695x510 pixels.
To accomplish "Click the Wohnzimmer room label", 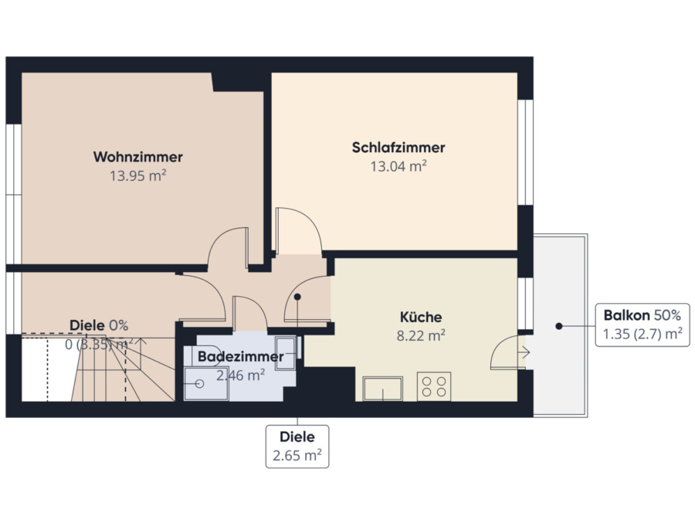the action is point(138,157).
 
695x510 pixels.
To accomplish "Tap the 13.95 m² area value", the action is point(138,175).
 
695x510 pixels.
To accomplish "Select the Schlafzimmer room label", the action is point(398,148).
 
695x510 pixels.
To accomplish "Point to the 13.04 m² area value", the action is point(398,166).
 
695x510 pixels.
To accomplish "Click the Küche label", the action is point(421,317).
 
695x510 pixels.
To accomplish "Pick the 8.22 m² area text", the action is point(421,335).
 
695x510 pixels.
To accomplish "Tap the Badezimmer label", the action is point(241,356).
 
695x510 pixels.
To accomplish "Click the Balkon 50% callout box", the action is point(642,325).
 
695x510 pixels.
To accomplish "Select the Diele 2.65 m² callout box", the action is point(297,446).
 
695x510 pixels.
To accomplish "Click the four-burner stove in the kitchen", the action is point(434,386).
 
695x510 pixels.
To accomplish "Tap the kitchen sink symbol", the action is point(383,389).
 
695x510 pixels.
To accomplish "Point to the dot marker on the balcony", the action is point(559,326).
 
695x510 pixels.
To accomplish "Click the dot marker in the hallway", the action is point(297,297).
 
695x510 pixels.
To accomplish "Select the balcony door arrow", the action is point(524,352).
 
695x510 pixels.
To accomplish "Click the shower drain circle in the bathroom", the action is point(199,383).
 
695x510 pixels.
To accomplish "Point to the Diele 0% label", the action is point(99,325).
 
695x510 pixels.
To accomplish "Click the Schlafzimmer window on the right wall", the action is point(525,152).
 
